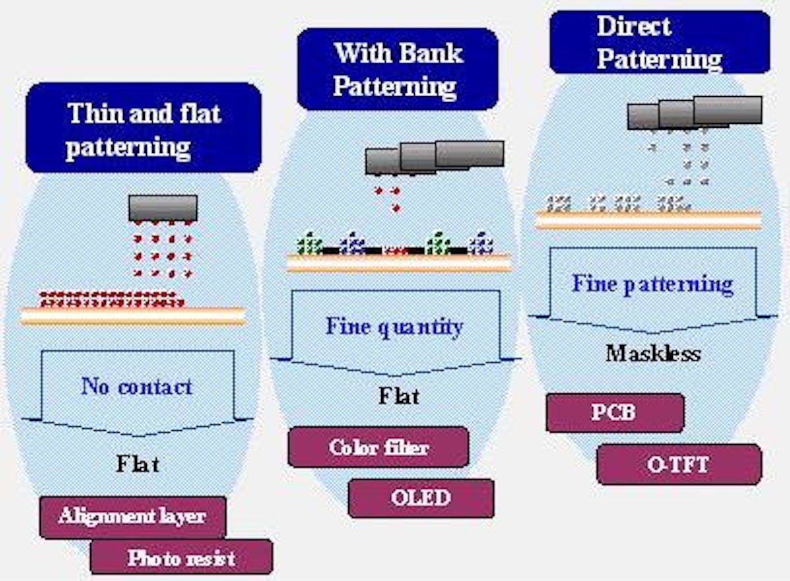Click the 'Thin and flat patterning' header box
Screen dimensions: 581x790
point(144,128)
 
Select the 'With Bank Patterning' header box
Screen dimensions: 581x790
point(397,69)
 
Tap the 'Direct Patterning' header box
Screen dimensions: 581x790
point(659,42)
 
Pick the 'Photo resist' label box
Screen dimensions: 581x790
point(181,558)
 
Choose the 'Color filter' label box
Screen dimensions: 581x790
point(379,447)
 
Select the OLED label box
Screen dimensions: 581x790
point(421,497)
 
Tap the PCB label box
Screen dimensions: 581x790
point(615,413)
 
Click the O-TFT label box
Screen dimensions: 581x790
point(679,464)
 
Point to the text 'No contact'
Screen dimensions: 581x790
point(137,386)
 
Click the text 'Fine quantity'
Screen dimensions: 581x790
point(394,327)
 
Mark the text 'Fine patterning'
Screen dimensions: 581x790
point(652,284)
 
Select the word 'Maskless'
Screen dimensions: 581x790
point(652,354)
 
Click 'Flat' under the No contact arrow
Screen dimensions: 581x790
point(138,464)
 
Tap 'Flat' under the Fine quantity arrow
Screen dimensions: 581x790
point(399,396)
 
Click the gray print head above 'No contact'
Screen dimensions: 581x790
point(163,207)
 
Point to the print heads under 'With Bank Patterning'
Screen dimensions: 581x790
point(434,157)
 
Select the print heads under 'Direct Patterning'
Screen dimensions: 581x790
point(695,113)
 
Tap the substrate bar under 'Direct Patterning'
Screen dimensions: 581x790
point(648,220)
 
